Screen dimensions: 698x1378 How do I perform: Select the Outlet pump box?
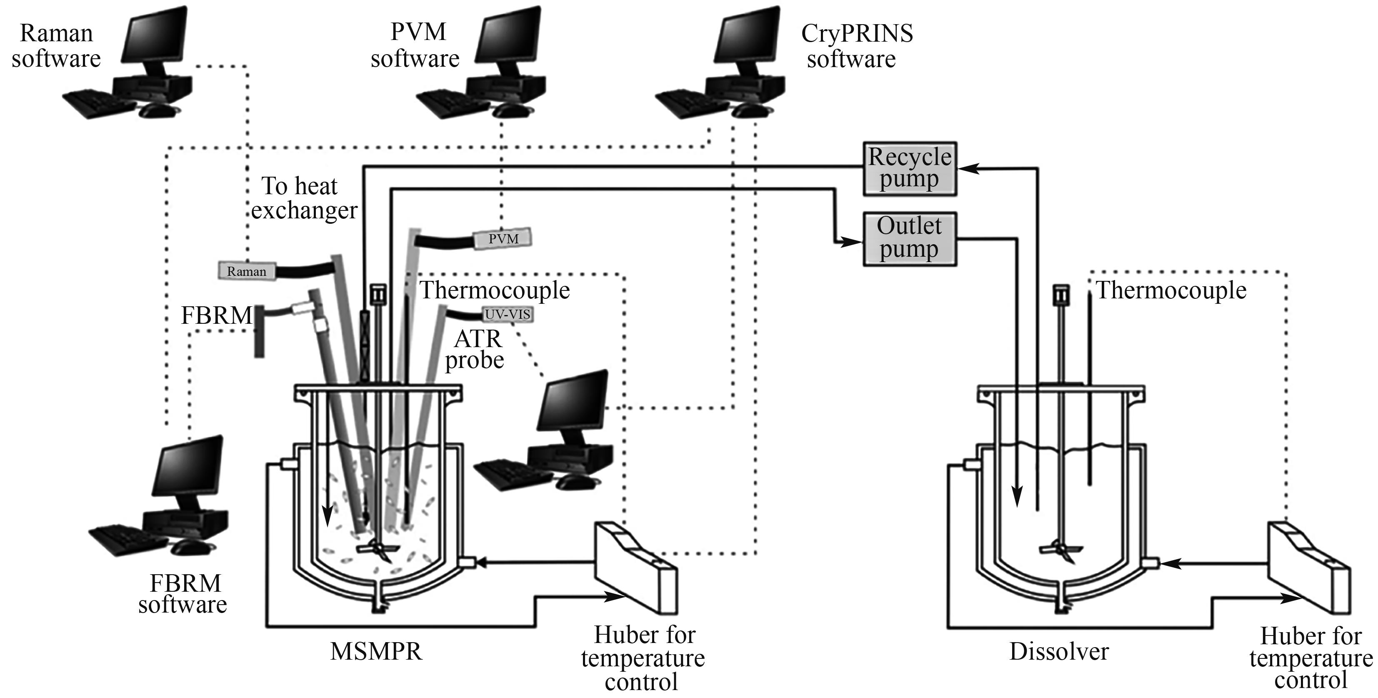tap(909, 238)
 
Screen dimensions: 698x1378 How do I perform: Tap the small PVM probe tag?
tap(503, 238)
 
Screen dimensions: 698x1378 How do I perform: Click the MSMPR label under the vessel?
tap(376, 651)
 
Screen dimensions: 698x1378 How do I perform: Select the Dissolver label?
tap(1059, 651)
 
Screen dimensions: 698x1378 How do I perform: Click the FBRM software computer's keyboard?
tap(128, 539)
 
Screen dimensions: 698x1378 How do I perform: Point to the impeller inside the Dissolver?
tap(1060, 549)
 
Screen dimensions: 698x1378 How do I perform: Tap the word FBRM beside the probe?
tap(216, 315)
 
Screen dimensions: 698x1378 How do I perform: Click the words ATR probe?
tap(475, 349)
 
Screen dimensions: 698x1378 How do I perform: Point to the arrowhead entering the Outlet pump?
tap(853, 242)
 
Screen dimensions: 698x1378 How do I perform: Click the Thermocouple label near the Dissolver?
tap(1171, 290)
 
